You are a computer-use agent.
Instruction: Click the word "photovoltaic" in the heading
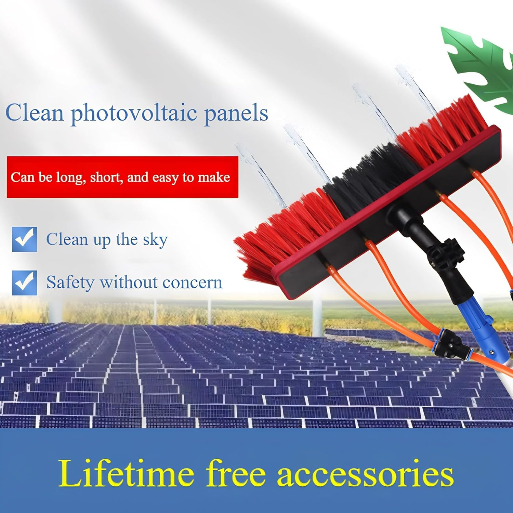[133, 113]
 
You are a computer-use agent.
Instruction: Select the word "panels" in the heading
[236, 113]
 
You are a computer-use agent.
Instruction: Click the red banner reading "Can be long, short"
[122, 177]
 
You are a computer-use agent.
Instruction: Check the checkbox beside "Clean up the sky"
[24, 239]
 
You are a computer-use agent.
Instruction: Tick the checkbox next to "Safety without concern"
[24, 282]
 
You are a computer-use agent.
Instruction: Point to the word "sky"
[155, 240]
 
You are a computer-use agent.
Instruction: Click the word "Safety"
[70, 283]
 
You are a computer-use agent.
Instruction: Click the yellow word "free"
[236, 474]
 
